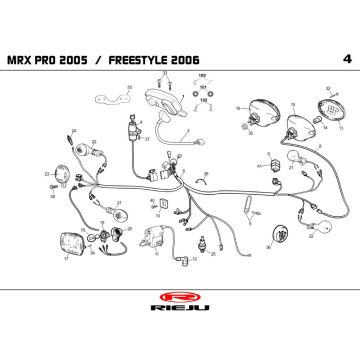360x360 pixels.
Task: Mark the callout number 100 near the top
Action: (x=201, y=75)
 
